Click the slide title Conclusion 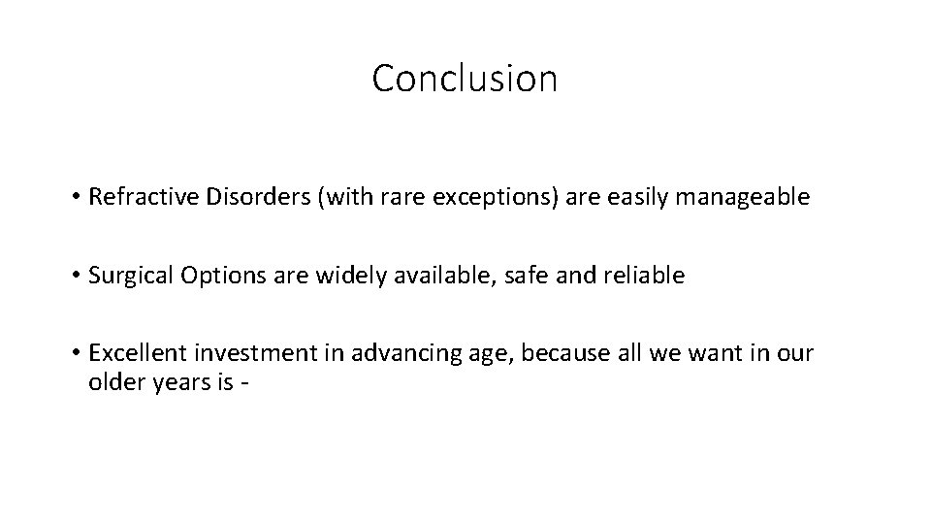click(465, 79)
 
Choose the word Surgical click(126, 276)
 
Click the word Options click(209, 276)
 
